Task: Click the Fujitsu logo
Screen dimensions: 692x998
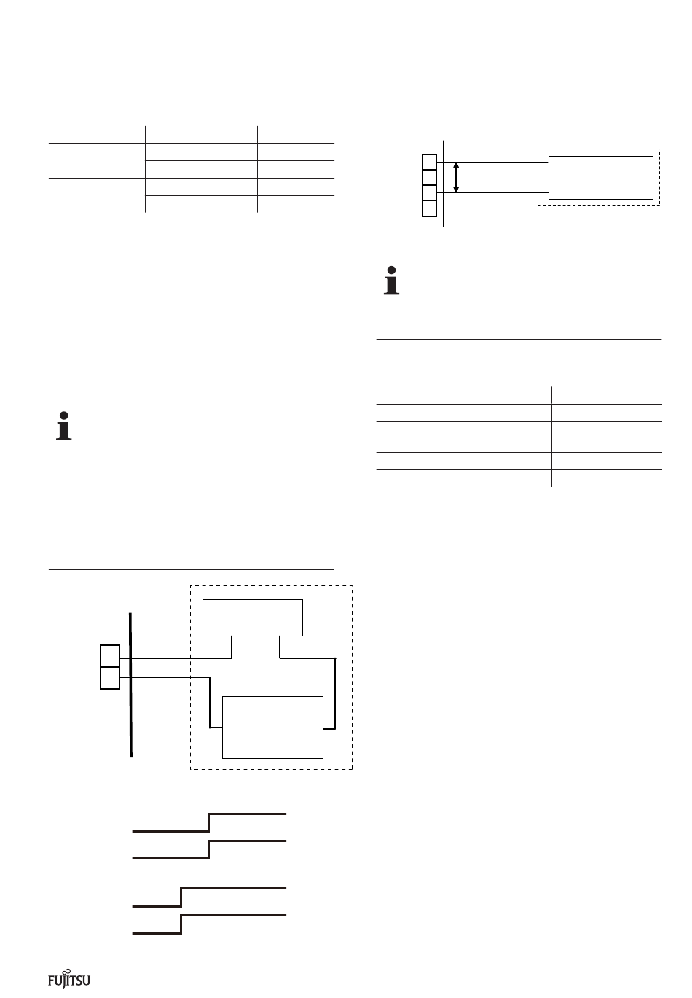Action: [x=69, y=979]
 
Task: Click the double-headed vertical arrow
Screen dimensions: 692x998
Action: [x=456, y=178]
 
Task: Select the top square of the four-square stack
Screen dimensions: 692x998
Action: [x=429, y=161]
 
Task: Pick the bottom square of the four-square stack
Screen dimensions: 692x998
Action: [x=429, y=208]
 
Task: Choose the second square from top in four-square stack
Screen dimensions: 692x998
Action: [x=429, y=177]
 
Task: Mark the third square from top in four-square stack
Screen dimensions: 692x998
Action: [x=429, y=193]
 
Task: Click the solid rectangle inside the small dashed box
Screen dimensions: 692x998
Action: [x=600, y=177]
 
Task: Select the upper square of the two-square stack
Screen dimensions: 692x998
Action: [x=109, y=655]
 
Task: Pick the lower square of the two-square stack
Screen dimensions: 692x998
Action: [x=109, y=678]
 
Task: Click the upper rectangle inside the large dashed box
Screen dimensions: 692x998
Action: [x=252, y=617]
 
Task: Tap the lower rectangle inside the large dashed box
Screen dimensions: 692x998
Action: [x=272, y=727]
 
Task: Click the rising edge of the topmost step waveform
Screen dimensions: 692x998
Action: [x=209, y=821]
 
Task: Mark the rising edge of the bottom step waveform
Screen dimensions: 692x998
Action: [x=181, y=924]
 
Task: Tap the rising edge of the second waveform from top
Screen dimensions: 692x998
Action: [x=209, y=849]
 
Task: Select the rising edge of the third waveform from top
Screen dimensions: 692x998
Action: [x=181, y=897]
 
